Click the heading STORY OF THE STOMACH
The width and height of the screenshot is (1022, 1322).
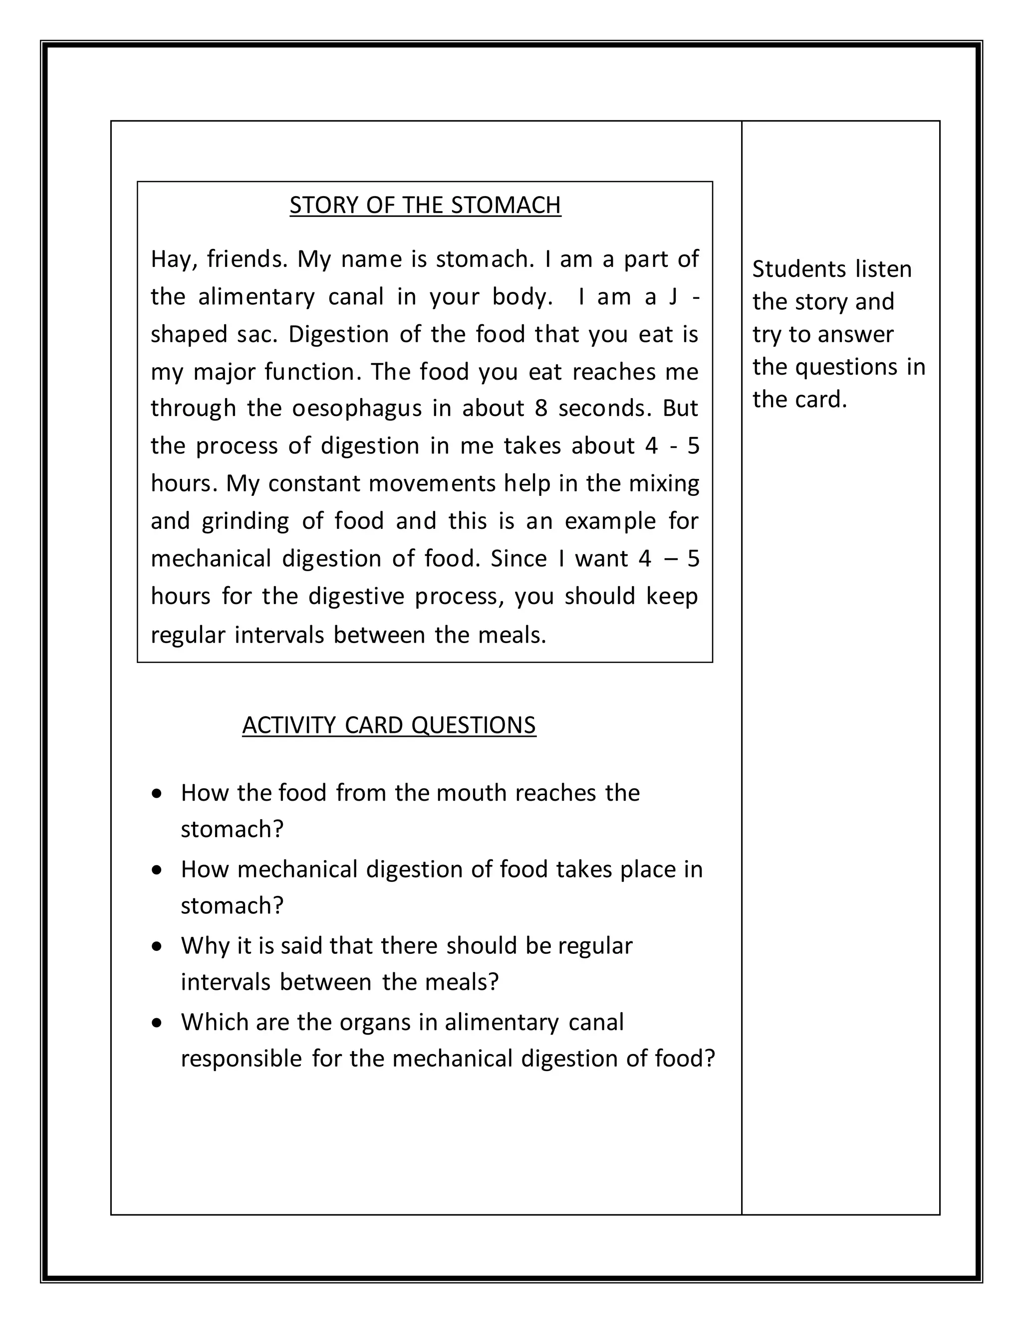pyautogui.click(x=425, y=205)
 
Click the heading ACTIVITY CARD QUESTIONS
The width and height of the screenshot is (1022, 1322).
pyautogui.click(x=389, y=725)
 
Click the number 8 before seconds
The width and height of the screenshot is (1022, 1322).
pyautogui.click(x=540, y=409)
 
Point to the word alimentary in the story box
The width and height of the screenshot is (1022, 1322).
pyautogui.click(x=256, y=297)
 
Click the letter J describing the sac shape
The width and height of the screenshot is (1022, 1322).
pyautogui.click(x=673, y=297)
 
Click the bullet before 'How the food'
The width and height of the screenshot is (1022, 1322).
pyautogui.click(x=157, y=793)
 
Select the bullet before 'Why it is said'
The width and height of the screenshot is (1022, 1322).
pyautogui.click(x=157, y=946)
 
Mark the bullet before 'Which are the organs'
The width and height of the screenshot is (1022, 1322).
pyautogui.click(x=157, y=1022)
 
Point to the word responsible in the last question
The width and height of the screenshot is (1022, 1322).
pyautogui.click(x=241, y=1059)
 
